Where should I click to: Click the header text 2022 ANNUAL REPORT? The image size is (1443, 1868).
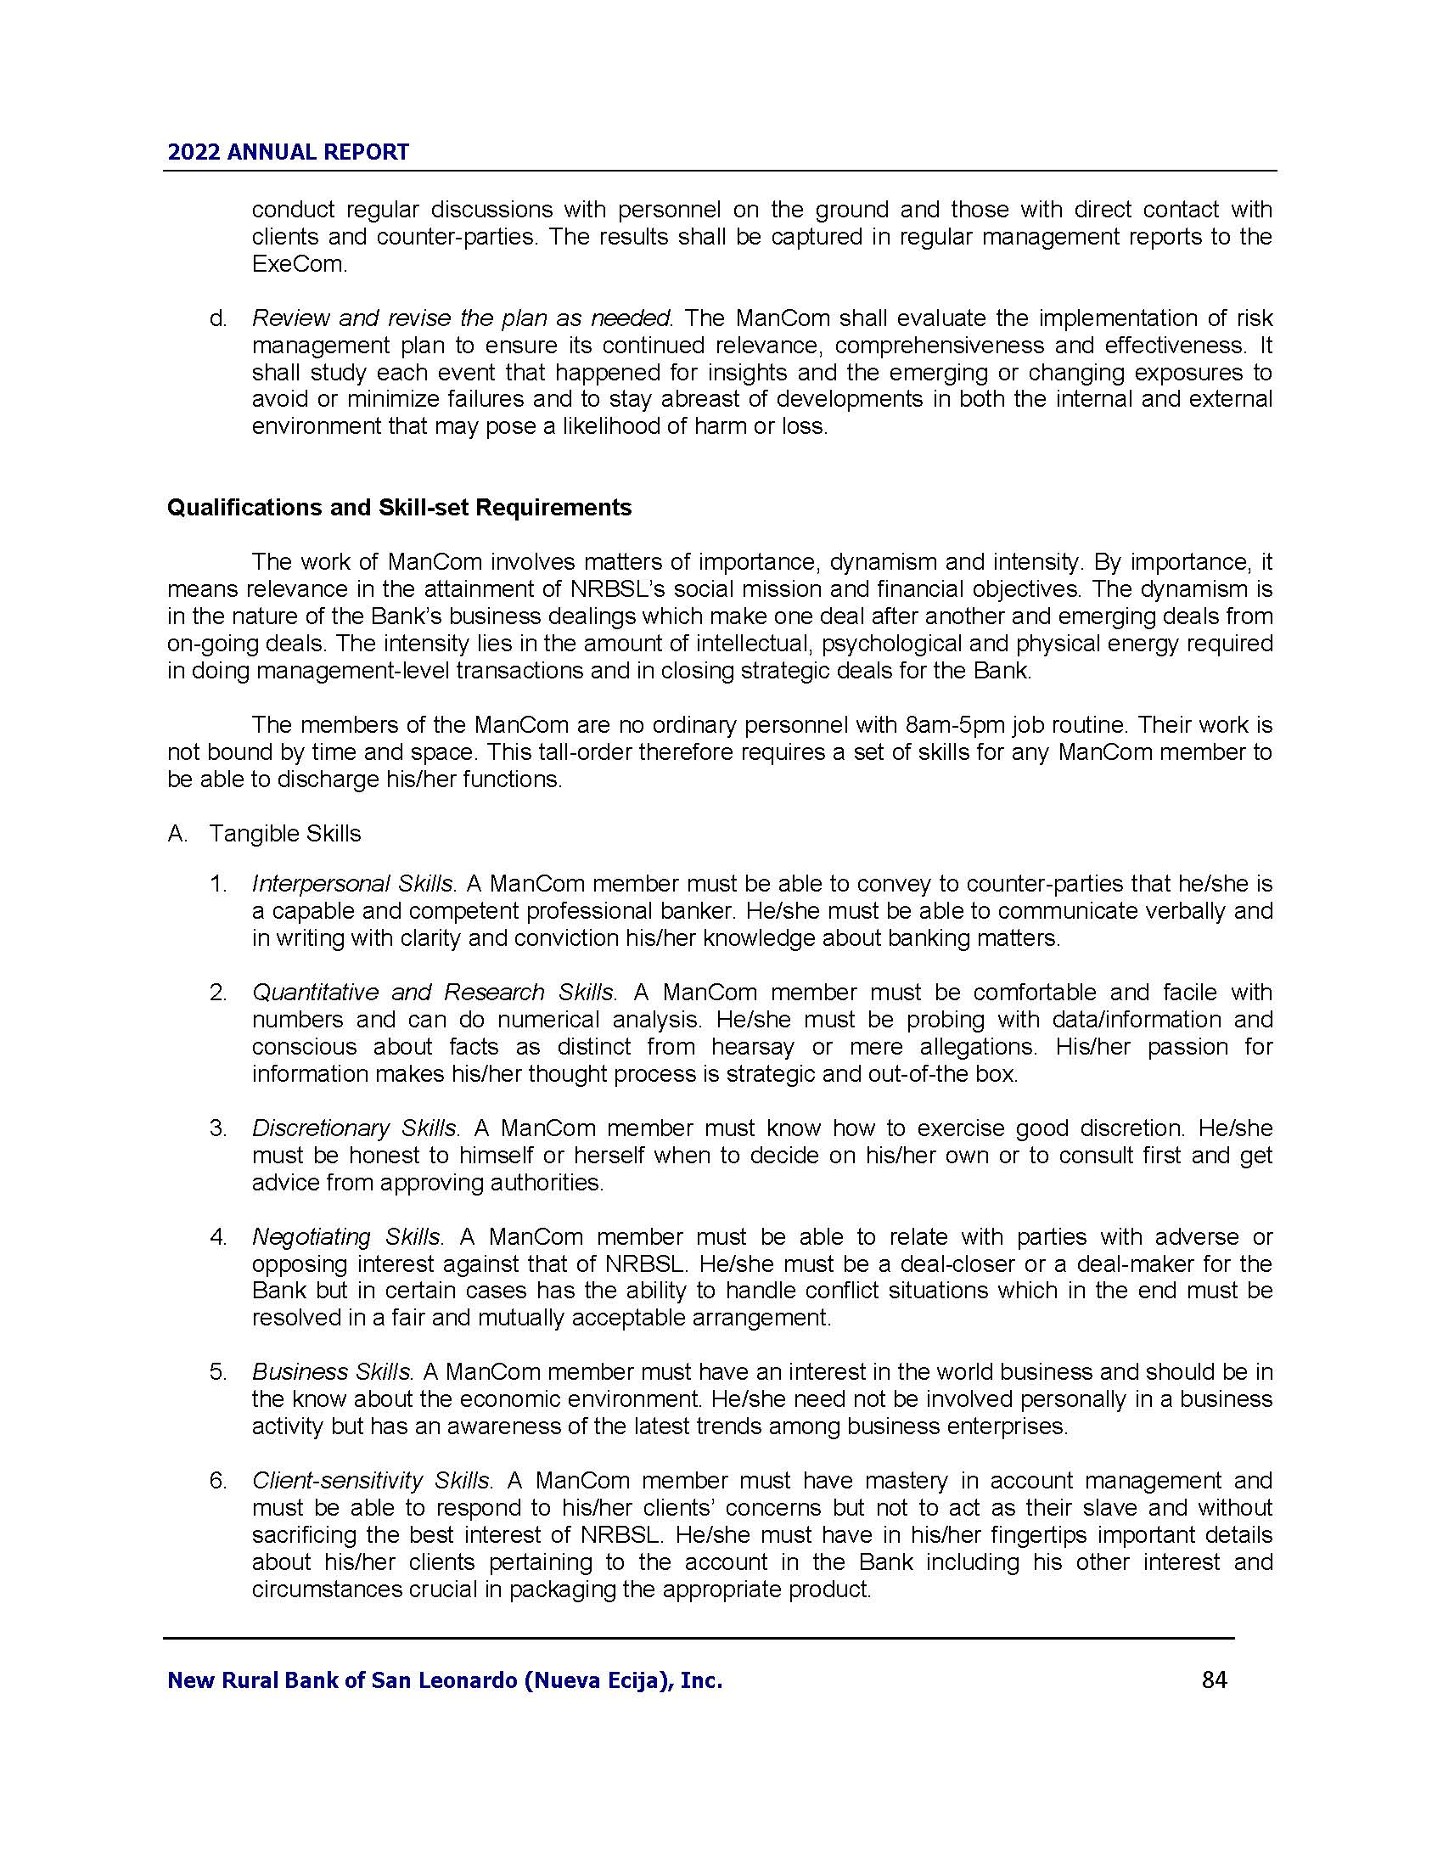pos(288,152)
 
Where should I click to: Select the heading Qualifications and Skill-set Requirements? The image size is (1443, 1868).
pos(399,507)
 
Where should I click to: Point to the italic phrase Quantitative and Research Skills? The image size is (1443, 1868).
pos(433,992)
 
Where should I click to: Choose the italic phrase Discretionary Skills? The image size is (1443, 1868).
pos(355,1128)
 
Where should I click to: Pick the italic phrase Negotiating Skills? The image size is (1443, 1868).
pos(346,1237)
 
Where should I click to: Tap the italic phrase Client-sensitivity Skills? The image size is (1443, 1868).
pos(371,1481)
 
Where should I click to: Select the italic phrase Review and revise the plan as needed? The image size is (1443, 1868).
pos(462,318)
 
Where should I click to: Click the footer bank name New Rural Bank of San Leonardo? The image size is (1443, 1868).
pos(445,1680)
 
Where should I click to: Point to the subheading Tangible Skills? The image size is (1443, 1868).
pos(284,833)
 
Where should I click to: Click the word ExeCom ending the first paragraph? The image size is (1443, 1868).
pos(298,264)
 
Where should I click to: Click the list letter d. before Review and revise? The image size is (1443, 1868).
pos(218,318)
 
